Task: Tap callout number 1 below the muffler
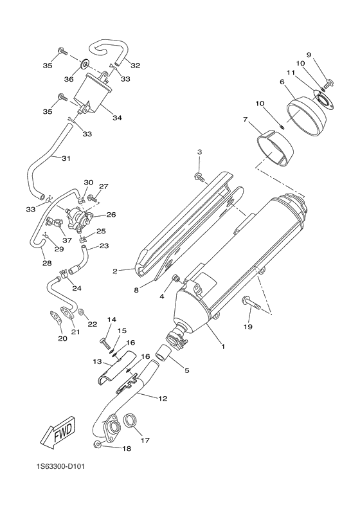[x=223, y=347]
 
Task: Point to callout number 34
[x=116, y=118]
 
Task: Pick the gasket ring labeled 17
[x=130, y=421]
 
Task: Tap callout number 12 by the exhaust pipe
[x=163, y=399]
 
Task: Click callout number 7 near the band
[x=245, y=120]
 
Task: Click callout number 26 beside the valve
[x=111, y=215]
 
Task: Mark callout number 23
[x=104, y=246]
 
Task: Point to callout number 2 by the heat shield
[x=115, y=271]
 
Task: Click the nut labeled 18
[x=96, y=444]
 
